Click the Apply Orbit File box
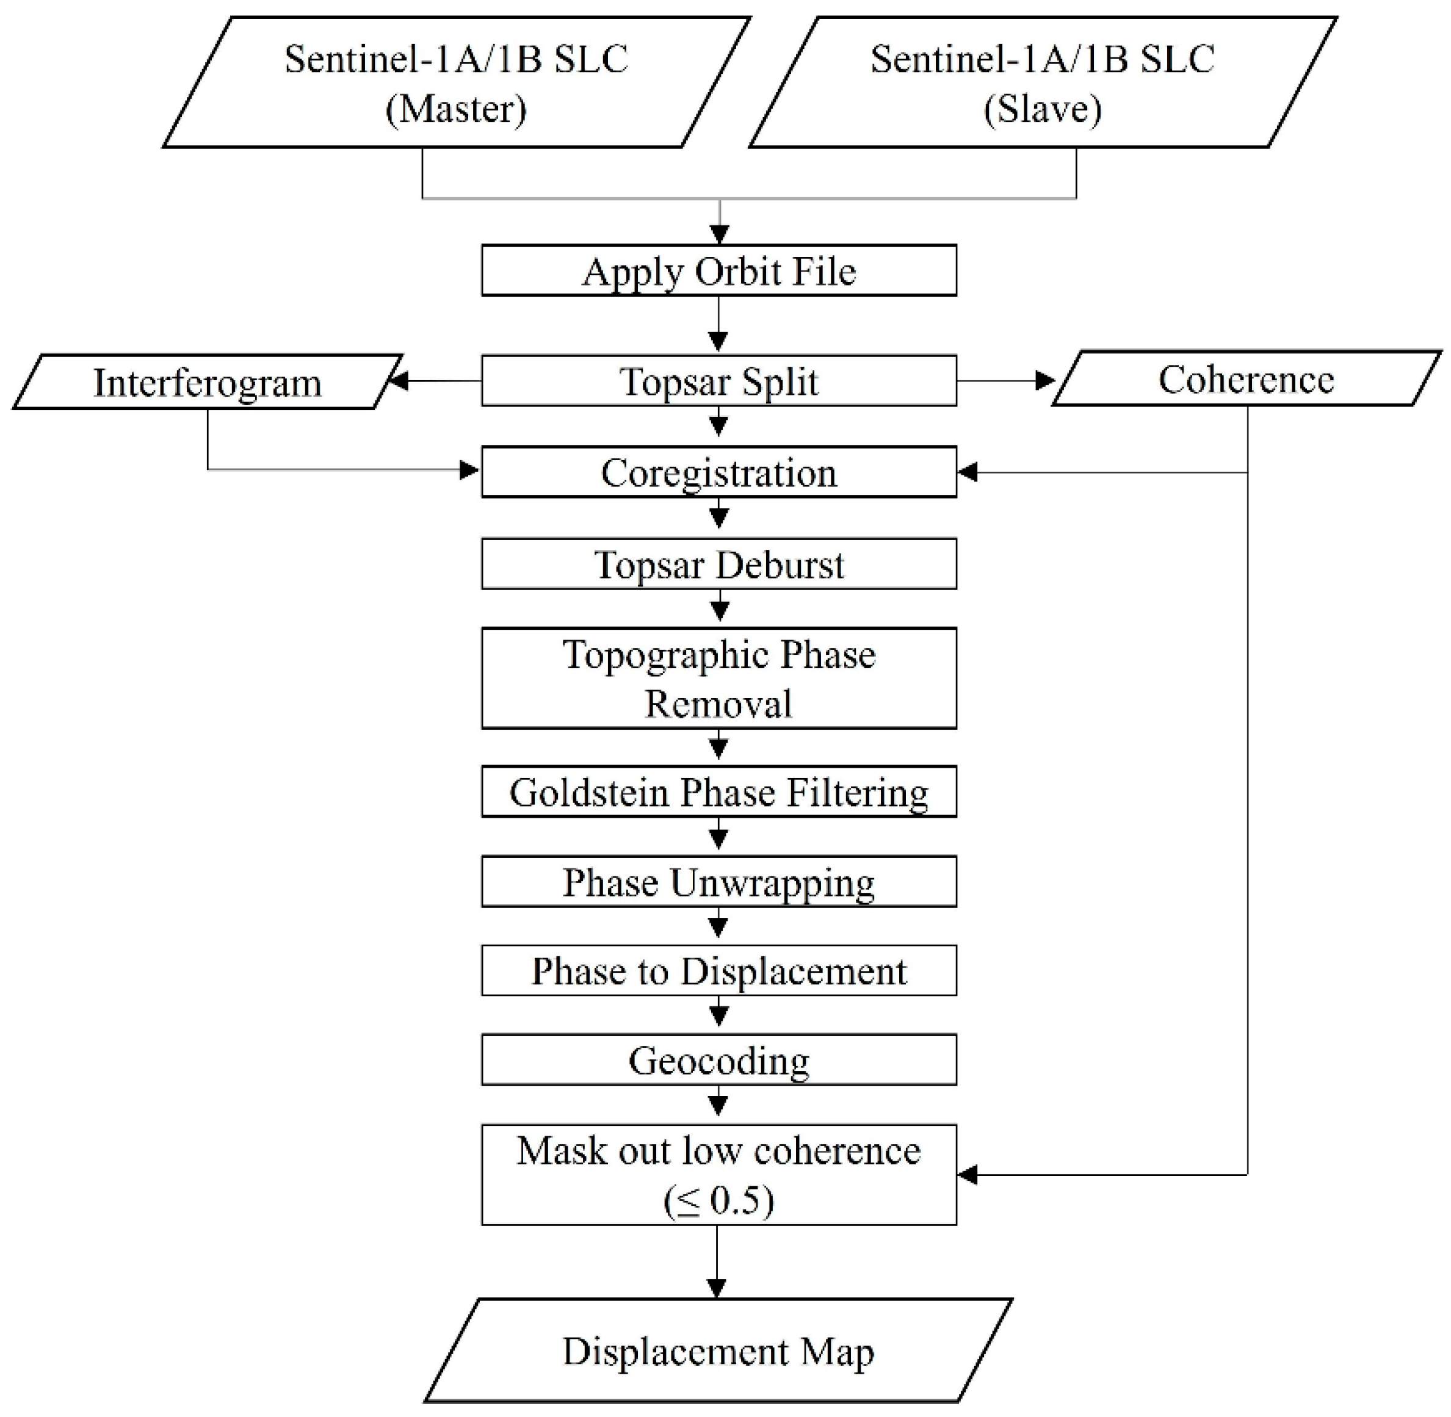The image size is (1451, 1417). pyautogui.click(x=718, y=271)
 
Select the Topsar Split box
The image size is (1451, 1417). pyautogui.click(x=718, y=381)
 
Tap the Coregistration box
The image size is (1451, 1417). pyautogui.click(x=718, y=472)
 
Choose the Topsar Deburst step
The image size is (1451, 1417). pyautogui.click(x=718, y=564)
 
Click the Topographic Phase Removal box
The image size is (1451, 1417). pyautogui.click(x=718, y=678)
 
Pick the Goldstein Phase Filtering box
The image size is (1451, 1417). pyautogui.click(x=718, y=792)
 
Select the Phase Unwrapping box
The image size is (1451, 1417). pyautogui.click(x=718, y=882)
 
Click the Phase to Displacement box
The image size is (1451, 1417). pyautogui.click(x=718, y=970)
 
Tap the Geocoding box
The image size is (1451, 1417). pyautogui.click(x=718, y=1060)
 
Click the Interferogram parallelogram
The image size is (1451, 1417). pyautogui.click(x=207, y=383)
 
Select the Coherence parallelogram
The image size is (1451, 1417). pyautogui.click(x=1245, y=380)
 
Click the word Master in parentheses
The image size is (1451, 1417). pyautogui.click(x=455, y=109)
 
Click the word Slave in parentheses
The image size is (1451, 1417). pyautogui.click(x=1042, y=109)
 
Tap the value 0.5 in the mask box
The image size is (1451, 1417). pyautogui.click(x=736, y=1200)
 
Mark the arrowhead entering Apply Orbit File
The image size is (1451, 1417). pyautogui.click(x=718, y=234)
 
